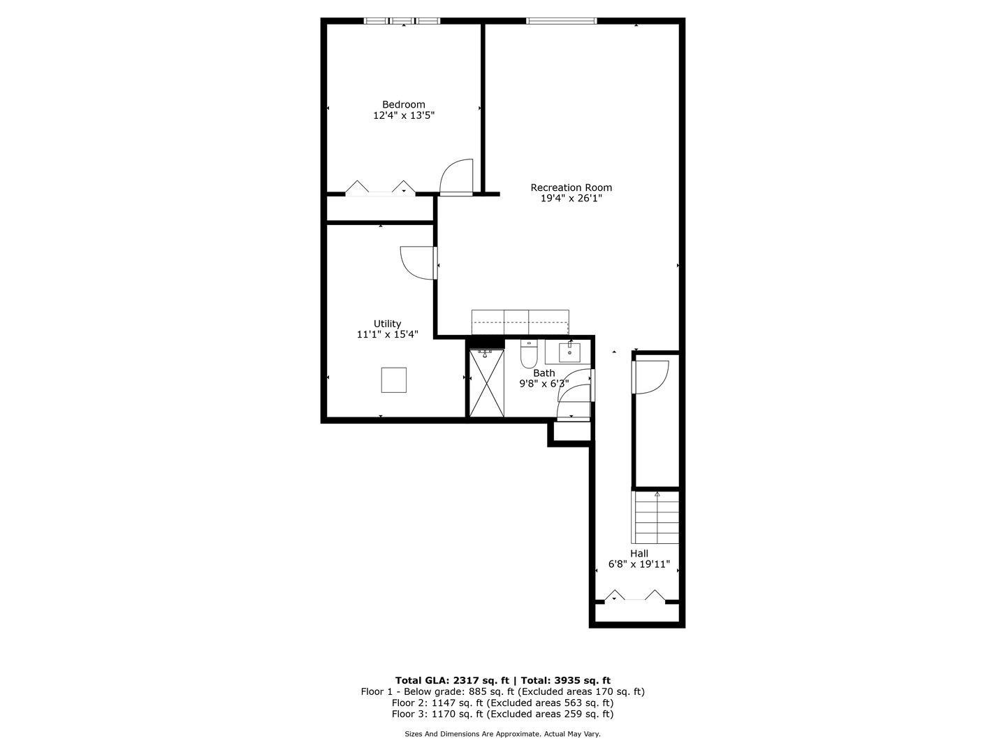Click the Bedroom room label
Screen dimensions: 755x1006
(403, 104)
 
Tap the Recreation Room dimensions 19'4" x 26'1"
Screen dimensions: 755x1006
(571, 199)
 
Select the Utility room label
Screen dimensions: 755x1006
(387, 324)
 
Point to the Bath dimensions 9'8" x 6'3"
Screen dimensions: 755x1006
(544, 384)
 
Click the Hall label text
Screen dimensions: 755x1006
(639, 553)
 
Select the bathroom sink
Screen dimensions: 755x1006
(569, 351)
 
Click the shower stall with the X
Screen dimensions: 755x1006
(486, 383)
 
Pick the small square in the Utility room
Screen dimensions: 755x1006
(393, 380)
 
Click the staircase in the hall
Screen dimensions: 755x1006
(655, 517)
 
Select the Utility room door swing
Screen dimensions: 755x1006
(418, 263)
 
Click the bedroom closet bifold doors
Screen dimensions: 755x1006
(381, 188)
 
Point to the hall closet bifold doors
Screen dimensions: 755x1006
(634, 596)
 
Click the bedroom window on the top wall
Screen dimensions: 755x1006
(402, 21)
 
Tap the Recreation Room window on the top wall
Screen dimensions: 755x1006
(562, 21)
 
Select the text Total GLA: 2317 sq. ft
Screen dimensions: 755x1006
(454, 680)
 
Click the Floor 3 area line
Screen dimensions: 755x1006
(502, 714)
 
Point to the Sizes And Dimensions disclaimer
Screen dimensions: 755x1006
(502, 734)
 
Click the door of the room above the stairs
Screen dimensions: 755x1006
(650, 376)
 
